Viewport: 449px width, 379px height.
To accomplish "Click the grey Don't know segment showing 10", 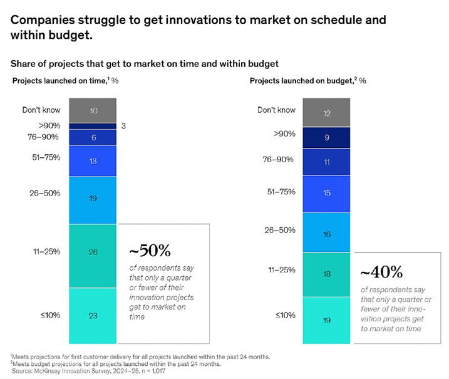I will (x=93, y=110).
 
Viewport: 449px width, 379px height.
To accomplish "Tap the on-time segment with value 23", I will (x=93, y=315).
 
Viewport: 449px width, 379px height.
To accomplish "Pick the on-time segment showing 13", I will (x=93, y=161).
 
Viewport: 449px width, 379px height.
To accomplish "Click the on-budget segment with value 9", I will (x=326, y=137).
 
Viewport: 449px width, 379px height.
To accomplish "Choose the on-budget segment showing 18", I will (x=326, y=274).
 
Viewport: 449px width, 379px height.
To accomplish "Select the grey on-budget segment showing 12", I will (x=326, y=112).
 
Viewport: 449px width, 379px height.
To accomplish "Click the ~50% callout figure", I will (x=150, y=251).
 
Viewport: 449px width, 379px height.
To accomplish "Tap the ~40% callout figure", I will (x=381, y=273).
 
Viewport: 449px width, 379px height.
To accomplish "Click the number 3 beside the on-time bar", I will (x=124, y=126).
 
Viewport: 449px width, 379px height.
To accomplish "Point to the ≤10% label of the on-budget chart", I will (x=285, y=315).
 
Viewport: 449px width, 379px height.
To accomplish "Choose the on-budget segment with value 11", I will (x=326, y=162).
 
